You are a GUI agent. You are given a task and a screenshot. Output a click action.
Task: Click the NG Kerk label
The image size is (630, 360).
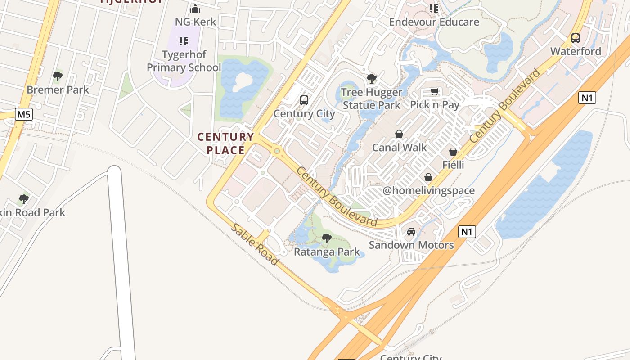tap(195, 22)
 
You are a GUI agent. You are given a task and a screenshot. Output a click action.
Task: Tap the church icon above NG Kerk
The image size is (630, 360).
tap(195, 9)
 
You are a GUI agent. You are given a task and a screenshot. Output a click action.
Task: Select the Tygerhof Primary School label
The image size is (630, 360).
tap(184, 61)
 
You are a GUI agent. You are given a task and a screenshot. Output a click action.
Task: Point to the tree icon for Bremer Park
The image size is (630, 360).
tap(57, 76)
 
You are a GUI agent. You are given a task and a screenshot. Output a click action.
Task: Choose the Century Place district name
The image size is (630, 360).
tap(226, 144)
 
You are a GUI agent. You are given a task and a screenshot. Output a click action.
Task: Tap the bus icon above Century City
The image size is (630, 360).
tap(304, 100)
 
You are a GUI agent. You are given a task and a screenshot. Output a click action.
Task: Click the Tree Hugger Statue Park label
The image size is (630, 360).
tap(371, 99)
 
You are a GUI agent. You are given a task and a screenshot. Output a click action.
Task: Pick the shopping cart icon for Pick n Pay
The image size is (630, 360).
tap(434, 92)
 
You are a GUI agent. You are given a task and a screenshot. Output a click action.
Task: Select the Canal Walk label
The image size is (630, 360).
tap(399, 148)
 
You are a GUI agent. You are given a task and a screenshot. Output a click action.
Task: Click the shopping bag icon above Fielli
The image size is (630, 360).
tap(453, 152)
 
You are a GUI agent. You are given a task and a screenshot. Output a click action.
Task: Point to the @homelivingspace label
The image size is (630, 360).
tap(428, 190)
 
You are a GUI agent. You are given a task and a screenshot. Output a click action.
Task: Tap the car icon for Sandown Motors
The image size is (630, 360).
tap(411, 232)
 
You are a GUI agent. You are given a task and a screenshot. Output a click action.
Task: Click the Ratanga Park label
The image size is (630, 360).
tap(327, 252)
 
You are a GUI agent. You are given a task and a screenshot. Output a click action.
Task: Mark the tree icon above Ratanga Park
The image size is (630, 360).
tap(327, 238)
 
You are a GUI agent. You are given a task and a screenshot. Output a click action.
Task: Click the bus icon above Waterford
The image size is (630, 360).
tap(576, 38)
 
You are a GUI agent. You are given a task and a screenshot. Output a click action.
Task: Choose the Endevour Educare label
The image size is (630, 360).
tap(434, 22)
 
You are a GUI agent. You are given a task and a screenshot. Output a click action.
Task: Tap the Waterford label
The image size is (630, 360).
tap(576, 51)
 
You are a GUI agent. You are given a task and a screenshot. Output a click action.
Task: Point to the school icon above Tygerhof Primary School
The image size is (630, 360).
tap(184, 41)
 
